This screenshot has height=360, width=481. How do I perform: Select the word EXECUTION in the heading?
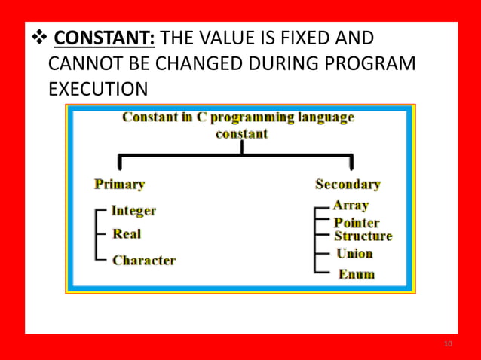tap(98, 90)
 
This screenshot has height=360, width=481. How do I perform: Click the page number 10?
tap(449, 344)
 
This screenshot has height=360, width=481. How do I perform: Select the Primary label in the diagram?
tap(119, 184)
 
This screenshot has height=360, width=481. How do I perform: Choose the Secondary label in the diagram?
tap(348, 184)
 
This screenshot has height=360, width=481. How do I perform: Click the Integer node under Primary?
tap(133, 210)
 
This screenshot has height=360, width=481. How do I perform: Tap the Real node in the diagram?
tap(127, 234)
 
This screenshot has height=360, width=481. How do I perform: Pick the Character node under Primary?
tap(144, 261)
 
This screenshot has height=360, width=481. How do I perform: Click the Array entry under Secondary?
tap(351, 205)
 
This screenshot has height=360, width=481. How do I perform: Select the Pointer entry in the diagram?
tap(357, 223)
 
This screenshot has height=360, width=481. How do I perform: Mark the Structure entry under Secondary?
tap(363, 236)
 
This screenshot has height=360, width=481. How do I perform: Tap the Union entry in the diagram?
tap(354, 254)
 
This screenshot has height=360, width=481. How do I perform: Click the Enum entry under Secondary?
tap(356, 274)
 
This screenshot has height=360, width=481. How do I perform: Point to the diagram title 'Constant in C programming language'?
tap(237, 117)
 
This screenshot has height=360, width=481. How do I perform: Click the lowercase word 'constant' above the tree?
tap(241, 133)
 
